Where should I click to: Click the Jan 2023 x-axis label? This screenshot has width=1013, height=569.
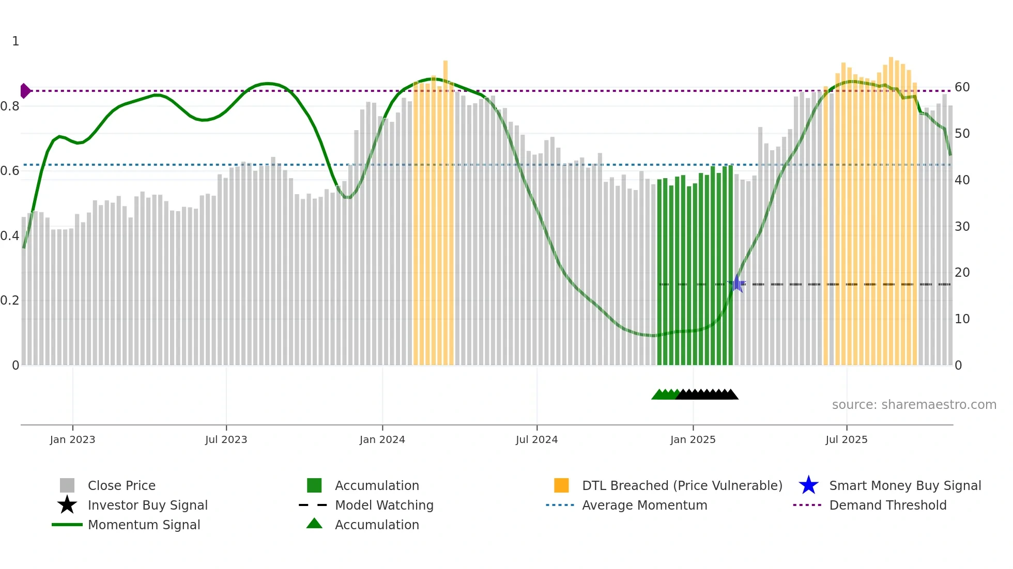coord(72,439)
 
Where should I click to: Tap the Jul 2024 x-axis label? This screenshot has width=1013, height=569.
coord(536,439)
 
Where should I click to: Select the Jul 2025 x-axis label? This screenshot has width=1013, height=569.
coord(846,439)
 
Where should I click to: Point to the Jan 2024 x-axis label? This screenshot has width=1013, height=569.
coord(382,439)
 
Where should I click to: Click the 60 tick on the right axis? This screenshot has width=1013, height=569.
coord(962,87)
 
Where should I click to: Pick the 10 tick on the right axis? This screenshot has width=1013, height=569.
coord(962,319)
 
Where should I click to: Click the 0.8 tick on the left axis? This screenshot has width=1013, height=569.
coord(10,106)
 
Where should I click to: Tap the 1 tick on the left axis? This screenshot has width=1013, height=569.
coord(16,41)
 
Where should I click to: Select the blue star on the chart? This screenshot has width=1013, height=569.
coord(737,283)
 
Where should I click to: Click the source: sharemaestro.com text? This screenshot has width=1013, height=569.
coord(914,405)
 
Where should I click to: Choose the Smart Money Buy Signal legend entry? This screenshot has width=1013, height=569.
coord(904,485)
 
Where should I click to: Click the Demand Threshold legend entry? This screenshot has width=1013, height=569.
coord(887,505)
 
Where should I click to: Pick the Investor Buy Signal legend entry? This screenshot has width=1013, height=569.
coord(147,505)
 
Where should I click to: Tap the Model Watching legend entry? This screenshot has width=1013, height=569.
coord(383,505)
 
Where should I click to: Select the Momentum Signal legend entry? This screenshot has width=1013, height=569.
coord(144,525)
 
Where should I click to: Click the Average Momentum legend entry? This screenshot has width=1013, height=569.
coord(644,505)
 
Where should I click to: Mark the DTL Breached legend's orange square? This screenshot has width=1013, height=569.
coord(561,485)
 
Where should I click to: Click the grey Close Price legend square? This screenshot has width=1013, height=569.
coord(67,485)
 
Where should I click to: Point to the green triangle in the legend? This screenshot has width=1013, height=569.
coord(314,524)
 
